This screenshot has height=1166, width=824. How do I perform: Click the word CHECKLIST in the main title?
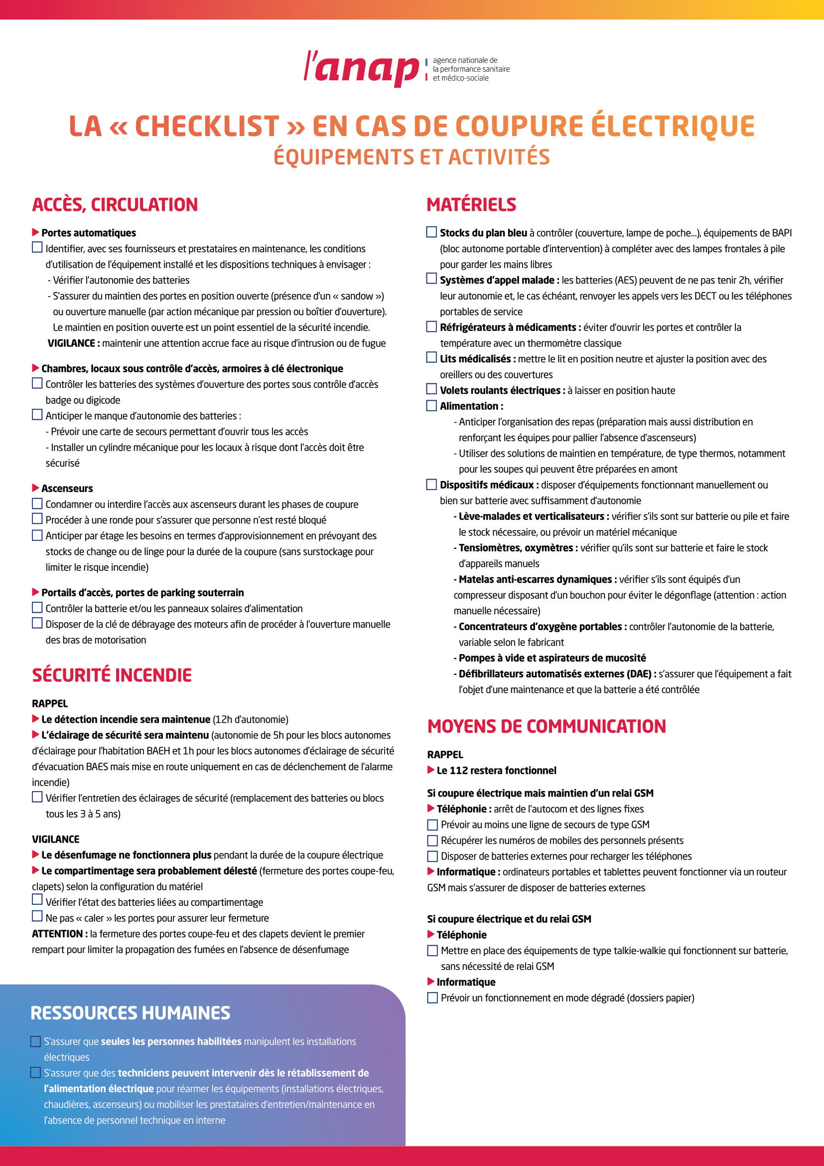[x=207, y=127]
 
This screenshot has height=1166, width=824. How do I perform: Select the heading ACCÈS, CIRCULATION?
[x=115, y=205]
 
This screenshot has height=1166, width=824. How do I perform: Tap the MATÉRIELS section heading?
[x=471, y=205]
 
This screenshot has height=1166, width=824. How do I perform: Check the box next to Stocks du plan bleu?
[x=431, y=232]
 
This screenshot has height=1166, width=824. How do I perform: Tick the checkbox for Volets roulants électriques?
[x=431, y=389]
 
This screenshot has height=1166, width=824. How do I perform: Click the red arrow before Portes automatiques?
[x=35, y=232]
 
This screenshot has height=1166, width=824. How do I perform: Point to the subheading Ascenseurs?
[x=67, y=489]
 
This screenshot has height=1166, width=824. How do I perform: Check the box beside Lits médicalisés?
[x=431, y=358]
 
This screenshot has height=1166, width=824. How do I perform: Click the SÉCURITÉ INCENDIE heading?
[x=112, y=675]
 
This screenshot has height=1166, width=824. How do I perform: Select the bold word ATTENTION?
[x=57, y=934]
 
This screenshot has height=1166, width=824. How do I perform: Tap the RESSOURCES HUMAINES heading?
[x=131, y=1012]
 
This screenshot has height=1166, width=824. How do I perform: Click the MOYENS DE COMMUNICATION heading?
[x=547, y=727]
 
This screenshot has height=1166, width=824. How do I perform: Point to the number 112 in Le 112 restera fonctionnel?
[x=459, y=770]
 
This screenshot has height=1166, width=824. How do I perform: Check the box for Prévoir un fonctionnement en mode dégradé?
[x=432, y=998]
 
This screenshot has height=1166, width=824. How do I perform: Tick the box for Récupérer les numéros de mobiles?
[x=432, y=840]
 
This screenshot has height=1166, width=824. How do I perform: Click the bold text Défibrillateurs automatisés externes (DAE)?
[x=555, y=674]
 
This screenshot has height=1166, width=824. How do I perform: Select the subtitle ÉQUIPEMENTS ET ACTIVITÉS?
[x=412, y=157]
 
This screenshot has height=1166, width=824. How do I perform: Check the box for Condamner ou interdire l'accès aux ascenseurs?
[x=37, y=504]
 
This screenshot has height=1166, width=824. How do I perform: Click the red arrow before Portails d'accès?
[x=35, y=592]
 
